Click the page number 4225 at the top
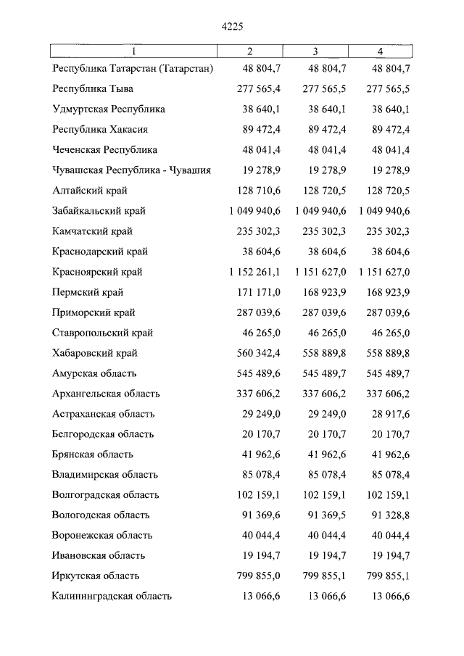231,26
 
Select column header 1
133,51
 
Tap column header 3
316,51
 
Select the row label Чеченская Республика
105,150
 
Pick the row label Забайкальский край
99,211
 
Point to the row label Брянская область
92,454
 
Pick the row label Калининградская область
112,597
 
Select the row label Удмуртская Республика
109,109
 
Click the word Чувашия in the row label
191,170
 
